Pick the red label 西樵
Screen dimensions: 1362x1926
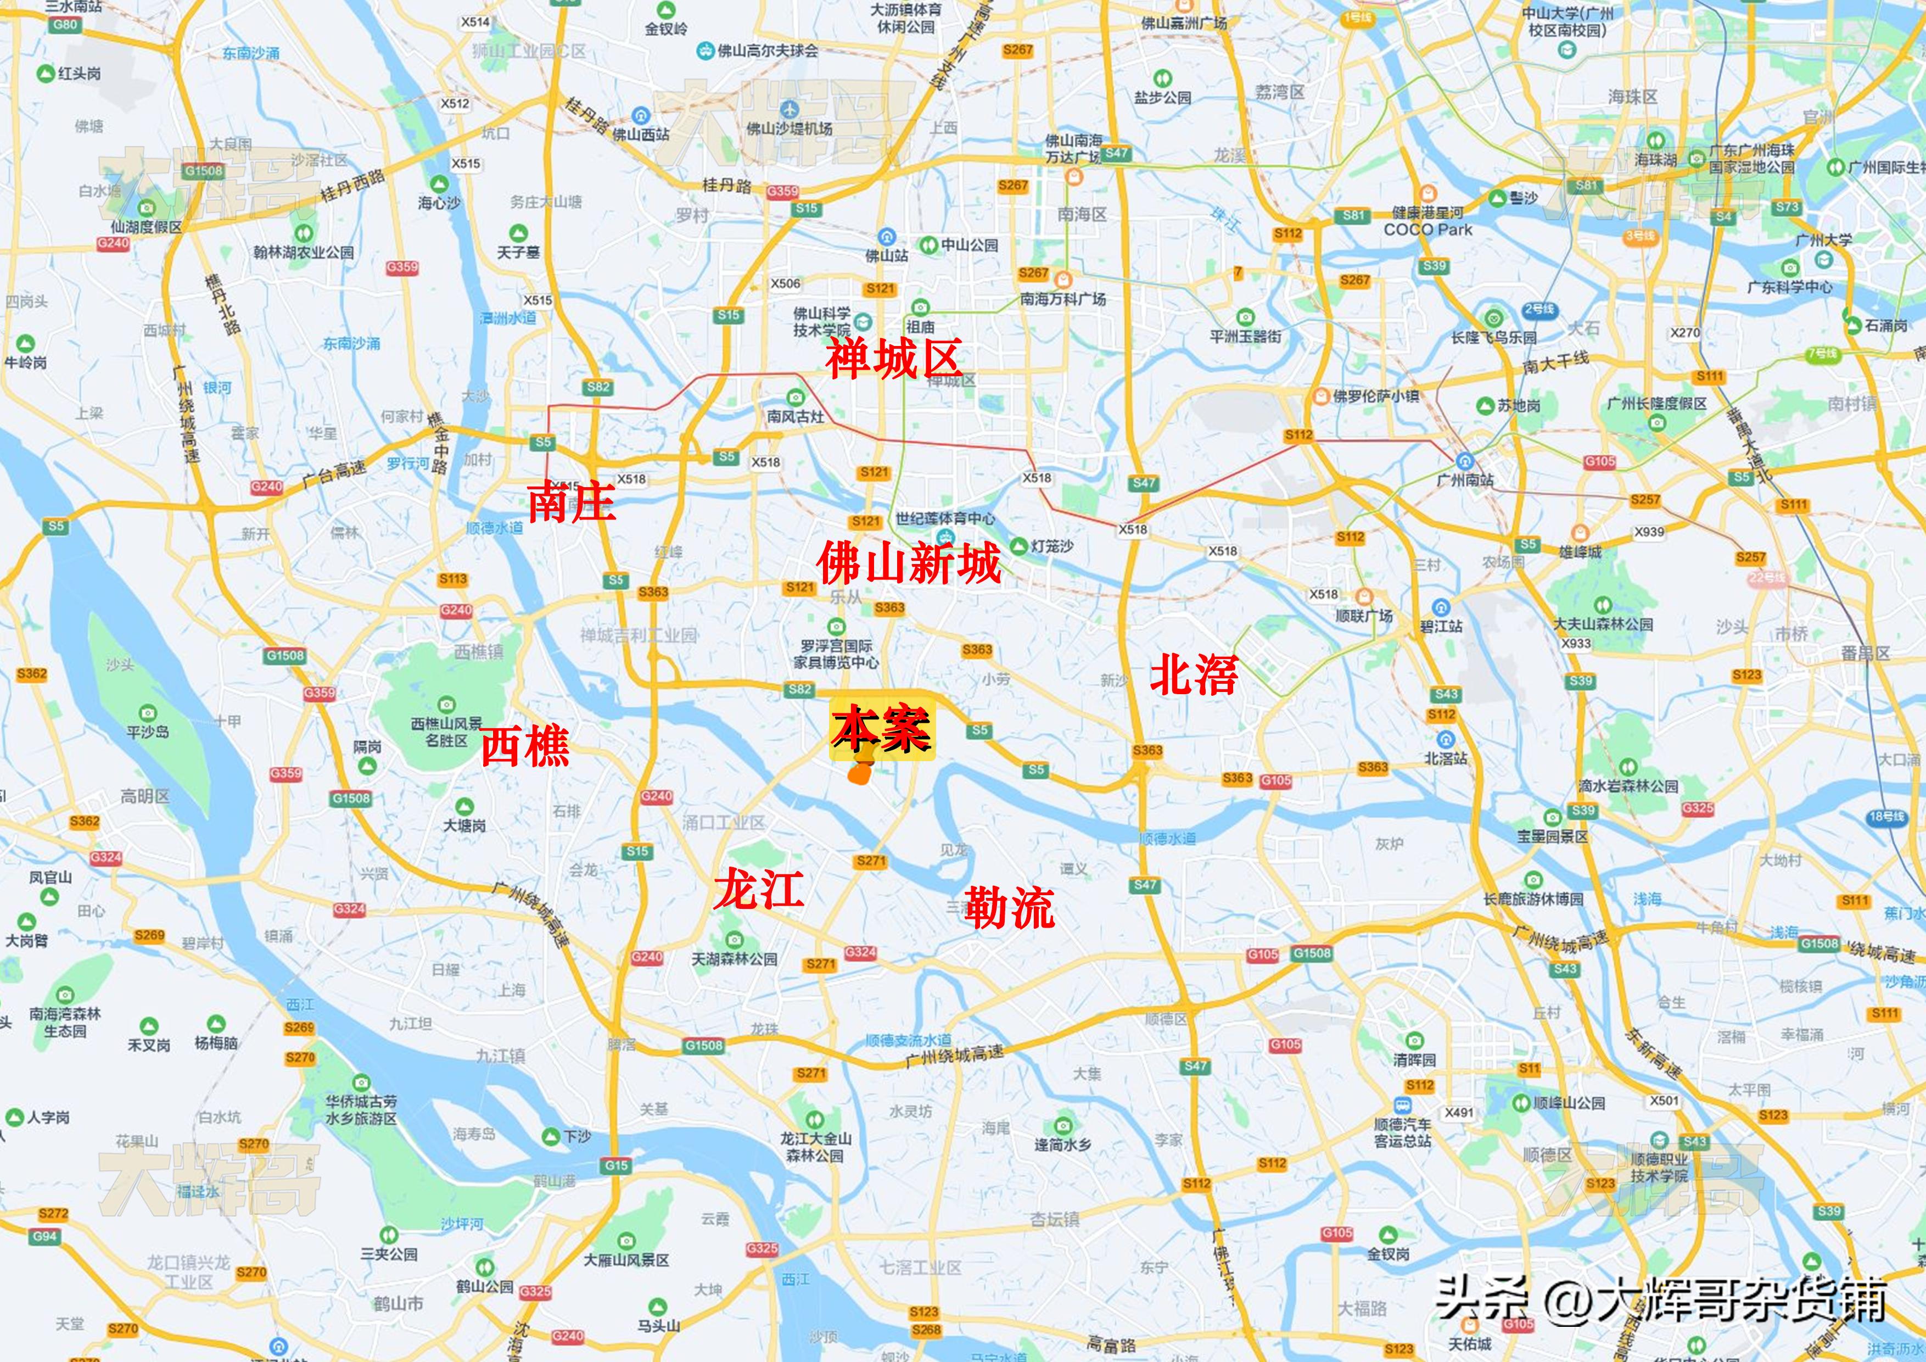(525, 745)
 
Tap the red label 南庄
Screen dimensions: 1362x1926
(570, 502)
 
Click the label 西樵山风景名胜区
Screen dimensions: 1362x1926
(446, 732)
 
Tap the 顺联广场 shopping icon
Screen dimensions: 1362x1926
(1364, 596)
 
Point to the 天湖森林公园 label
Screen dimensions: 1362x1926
(734, 958)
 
